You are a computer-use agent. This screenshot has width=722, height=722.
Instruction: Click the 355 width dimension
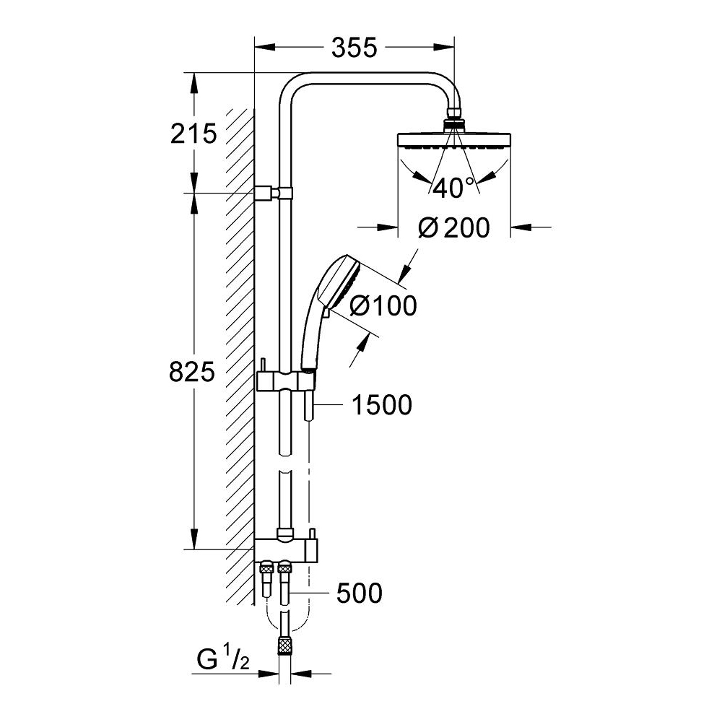point(355,48)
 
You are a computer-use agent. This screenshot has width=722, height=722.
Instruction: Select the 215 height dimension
point(193,133)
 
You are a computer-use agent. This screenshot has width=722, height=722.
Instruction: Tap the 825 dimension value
point(191,372)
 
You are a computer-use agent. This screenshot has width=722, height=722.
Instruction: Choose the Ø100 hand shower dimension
point(383,305)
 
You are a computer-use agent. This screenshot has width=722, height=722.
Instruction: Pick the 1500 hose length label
point(381,405)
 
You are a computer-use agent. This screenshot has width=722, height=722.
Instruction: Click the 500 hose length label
point(359,593)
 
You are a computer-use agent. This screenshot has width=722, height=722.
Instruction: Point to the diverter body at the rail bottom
point(285,549)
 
